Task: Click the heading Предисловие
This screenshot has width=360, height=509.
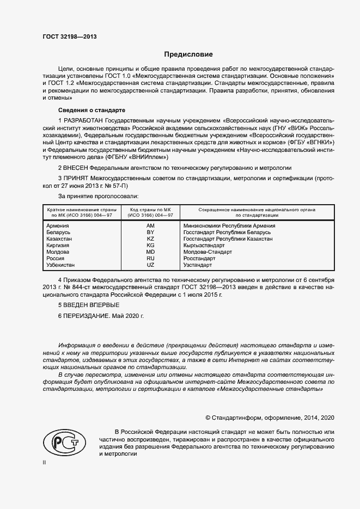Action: coord(189,54)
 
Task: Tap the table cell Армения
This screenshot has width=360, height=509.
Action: coord(58,225)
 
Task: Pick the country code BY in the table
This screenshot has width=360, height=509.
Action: coord(151,232)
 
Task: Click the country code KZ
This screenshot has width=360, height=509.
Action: coord(151,238)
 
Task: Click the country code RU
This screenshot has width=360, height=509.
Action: coord(151,259)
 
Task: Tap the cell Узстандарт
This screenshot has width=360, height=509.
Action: coord(198,265)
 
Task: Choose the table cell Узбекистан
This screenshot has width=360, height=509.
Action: coord(61,265)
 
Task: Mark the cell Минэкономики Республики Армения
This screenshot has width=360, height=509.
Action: coord(229,225)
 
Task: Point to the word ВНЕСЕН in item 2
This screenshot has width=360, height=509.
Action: coord(76,169)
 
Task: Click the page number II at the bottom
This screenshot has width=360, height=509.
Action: coord(45,462)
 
